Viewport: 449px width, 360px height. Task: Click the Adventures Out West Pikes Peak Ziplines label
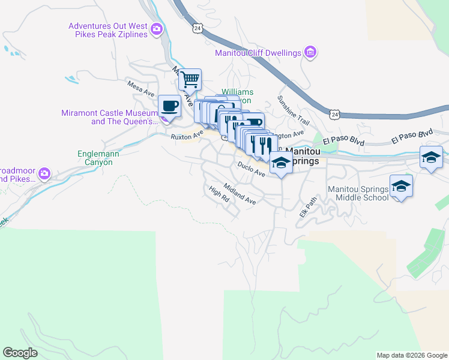tap(108, 30)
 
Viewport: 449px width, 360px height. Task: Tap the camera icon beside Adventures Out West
tap(157, 28)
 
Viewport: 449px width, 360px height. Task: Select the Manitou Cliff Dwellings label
tap(258, 53)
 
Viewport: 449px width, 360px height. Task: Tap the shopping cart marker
tap(190, 79)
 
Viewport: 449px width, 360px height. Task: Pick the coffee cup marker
tap(169, 106)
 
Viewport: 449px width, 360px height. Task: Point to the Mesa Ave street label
tap(141, 88)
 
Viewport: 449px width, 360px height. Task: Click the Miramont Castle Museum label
tap(109, 117)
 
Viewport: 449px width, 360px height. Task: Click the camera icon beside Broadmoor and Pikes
tap(43, 175)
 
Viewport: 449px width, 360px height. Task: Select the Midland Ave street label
tap(240, 194)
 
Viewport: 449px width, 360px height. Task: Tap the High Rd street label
tap(219, 193)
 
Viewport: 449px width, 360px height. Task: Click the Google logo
tap(20, 353)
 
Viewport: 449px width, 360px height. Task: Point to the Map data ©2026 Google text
tap(412, 355)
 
